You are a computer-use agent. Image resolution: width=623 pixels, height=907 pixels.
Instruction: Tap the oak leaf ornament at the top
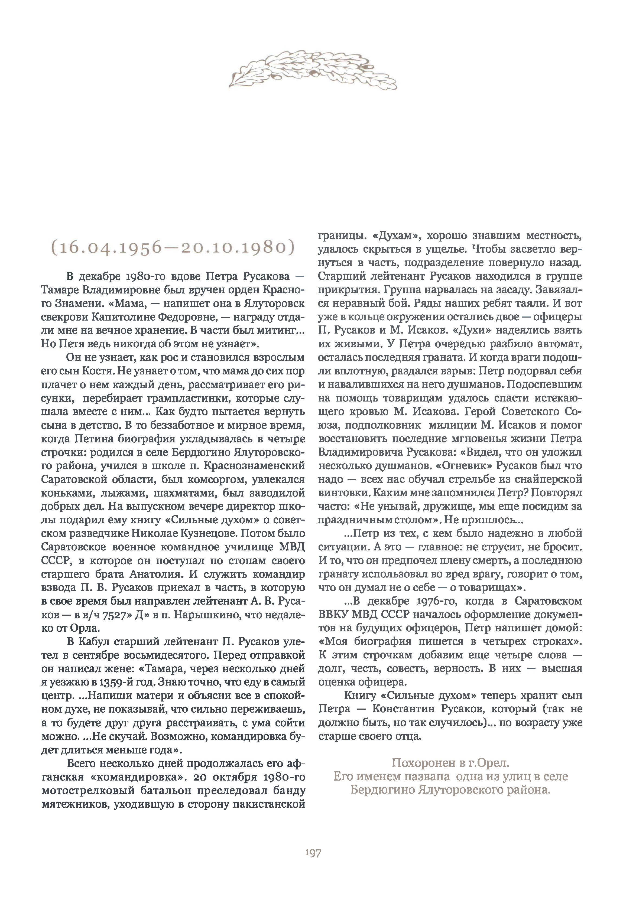tap(312, 70)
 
